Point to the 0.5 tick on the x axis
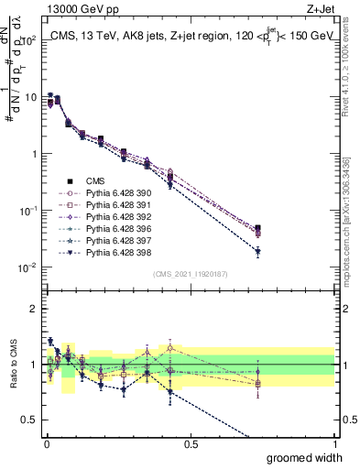tap(191, 442)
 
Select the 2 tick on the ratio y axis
tap(33, 309)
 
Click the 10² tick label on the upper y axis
tap(27, 40)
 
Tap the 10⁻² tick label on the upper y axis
tap(27, 267)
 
